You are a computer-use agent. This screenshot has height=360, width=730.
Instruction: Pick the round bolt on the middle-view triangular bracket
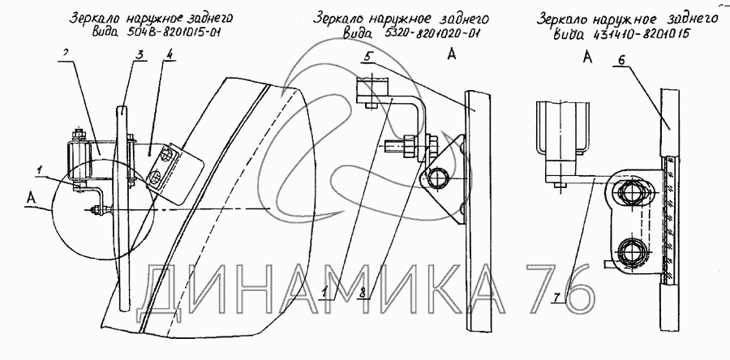click(x=439, y=176)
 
